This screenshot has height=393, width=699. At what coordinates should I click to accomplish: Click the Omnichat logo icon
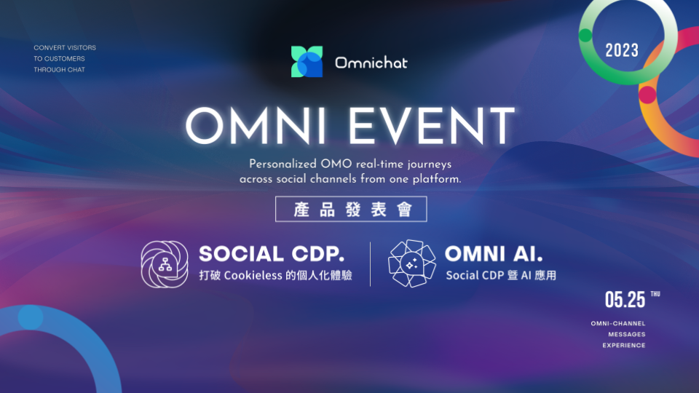pyautogui.click(x=307, y=61)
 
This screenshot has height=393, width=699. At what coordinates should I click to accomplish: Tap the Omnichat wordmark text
pyautogui.click(x=371, y=63)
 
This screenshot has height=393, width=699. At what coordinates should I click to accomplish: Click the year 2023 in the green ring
pyautogui.click(x=622, y=50)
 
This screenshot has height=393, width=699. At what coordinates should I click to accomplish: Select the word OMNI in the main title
pyautogui.click(x=256, y=126)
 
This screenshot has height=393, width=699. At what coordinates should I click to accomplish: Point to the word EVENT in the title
pyautogui.click(x=432, y=126)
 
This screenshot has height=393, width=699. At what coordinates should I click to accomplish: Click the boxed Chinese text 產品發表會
pyautogui.click(x=351, y=209)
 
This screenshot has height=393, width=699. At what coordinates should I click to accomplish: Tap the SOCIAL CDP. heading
pyautogui.click(x=272, y=254)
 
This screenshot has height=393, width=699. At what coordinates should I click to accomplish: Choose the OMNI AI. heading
pyautogui.click(x=494, y=254)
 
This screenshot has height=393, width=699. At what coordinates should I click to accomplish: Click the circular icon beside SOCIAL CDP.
pyautogui.click(x=165, y=264)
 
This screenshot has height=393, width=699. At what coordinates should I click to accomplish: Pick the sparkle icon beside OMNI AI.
pyautogui.click(x=412, y=263)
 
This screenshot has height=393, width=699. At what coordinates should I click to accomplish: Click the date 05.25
pyautogui.click(x=625, y=300)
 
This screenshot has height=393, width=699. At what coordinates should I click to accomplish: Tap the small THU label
pyautogui.click(x=655, y=294)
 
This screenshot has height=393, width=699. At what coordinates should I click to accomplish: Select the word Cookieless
pyautogui.click(x=253, y=275)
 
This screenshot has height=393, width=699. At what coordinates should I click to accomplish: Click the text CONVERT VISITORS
pyautogui.click(x=65, y=48)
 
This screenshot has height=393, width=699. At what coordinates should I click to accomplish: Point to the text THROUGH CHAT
pyautogui.click(x=59, y=70)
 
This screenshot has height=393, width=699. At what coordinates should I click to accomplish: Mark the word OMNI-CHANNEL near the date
pyautogui.click(x=618, y=323)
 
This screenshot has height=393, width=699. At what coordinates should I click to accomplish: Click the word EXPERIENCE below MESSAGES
pyautogui.click(x=624, y=345)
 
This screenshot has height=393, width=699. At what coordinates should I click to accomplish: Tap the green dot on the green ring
pyautogui.click(x=585, y=35)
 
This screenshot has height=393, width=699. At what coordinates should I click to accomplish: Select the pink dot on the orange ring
pyautogui.click(x=647, y=95)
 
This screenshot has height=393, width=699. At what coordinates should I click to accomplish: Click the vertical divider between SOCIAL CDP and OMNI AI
pyautogui.click(x=370, y=263)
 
